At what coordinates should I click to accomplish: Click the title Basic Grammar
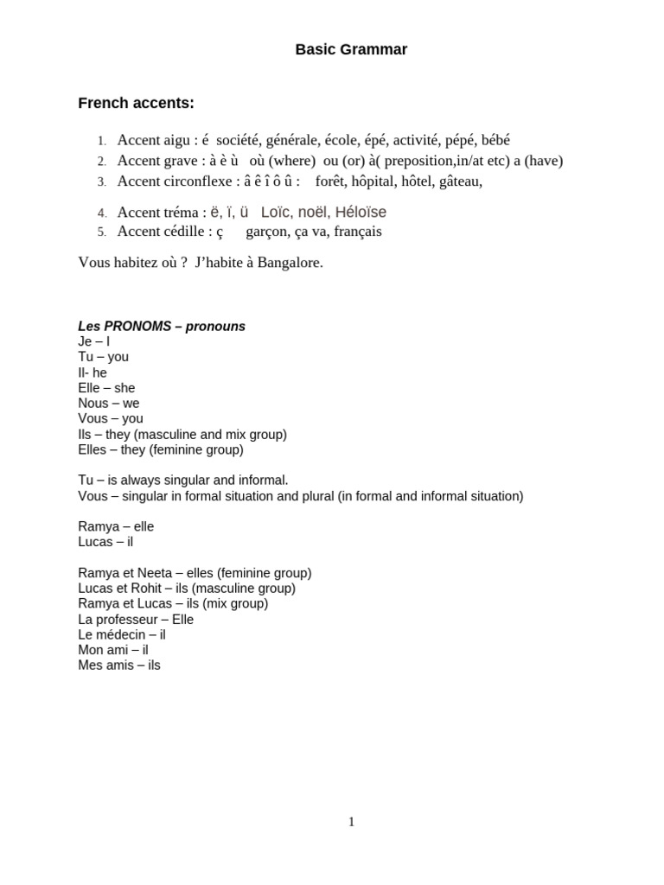[351, 50]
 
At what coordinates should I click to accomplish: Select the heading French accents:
[136, 104]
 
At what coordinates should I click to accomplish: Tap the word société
[239, 140]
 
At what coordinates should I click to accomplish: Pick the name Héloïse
[361, 212]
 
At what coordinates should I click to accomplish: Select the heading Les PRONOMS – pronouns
[162, 327]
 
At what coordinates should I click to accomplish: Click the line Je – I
[93, 341]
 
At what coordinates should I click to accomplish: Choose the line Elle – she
[106, 388]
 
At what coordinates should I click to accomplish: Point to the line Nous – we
[108, 404]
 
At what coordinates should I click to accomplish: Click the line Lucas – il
[105, 542]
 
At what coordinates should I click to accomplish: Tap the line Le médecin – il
[121, 634]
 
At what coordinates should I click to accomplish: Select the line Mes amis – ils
[119, 665]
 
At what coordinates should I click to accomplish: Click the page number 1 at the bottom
[351, 822]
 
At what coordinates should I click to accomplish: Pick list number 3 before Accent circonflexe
[101, 182]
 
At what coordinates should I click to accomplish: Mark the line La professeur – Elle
[136, 620]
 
